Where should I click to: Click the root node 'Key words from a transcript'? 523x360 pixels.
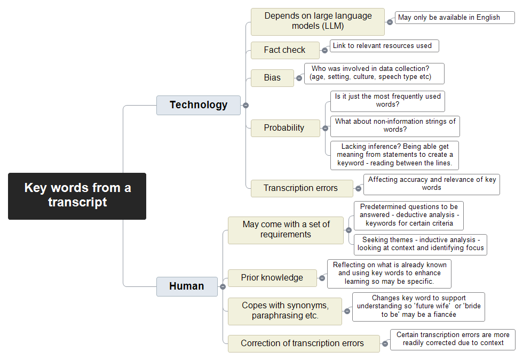coord(77,196)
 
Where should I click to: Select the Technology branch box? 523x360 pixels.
coord(199,106)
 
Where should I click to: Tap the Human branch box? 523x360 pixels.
coord(187,286)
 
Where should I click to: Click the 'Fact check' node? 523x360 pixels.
coord(285,50)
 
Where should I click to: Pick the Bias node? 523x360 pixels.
coord(272,78)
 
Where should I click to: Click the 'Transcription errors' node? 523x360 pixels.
coord(302,188)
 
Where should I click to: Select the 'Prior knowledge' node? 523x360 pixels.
coord(272,278)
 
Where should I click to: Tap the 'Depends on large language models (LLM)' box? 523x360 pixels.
coord(318,22)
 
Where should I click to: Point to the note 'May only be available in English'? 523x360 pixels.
coord(455,18)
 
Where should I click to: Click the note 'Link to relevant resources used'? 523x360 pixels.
coord(384,46)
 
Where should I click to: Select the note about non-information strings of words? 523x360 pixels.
coord(395,126)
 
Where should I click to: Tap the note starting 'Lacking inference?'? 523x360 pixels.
coord(394,155)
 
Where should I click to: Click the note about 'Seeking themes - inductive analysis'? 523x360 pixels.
coord(421,245)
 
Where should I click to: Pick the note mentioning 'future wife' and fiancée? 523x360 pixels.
coord(418,307)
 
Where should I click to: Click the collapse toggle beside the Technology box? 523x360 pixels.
coord(246,106)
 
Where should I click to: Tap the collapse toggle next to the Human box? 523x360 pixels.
coord(223,287)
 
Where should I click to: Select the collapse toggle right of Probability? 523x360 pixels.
coord(325,129)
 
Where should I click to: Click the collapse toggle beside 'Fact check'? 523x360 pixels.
coord(324,51)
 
